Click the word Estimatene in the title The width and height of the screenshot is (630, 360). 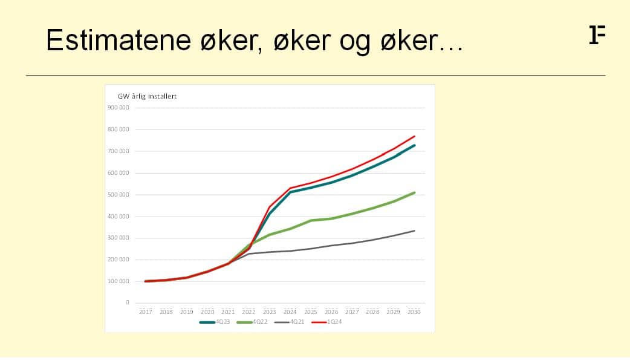click(x=119, y=40)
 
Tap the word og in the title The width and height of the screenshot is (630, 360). click(x=355, y=42)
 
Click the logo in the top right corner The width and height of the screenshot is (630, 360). click(x=597, y=34)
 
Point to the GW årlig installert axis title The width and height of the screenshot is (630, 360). click(x=147, y=97)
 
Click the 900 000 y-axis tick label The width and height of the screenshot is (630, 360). click(x=118, y=108)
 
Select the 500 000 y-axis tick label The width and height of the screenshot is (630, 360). click(x=118, y=195)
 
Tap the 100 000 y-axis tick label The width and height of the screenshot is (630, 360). click(x=118, y=281)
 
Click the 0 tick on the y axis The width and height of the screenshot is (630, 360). click(x=128, y=303)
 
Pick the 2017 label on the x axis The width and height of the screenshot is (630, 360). click(x=146, y=312)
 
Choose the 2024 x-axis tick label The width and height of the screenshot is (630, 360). click(x=290, y=312)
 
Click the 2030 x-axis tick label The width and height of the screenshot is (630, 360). click(x=414, y=312)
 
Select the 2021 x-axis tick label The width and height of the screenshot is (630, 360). click(x=228, y=312)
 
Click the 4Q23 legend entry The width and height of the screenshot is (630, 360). click(x=215, y=322)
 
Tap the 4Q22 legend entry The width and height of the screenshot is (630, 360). click(x=252, y=322)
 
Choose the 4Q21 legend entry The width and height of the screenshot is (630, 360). click(x=289, y=322)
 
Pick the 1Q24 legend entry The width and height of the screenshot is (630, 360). click(x=326, y=322)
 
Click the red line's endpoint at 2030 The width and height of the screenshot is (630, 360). click(x=414, y=136)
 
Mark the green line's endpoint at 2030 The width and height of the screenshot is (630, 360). click(x=414, y=192)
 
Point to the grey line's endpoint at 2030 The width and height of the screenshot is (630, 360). click(x=414, y=231)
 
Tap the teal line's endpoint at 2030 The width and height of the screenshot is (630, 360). click(x=414, y=145)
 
